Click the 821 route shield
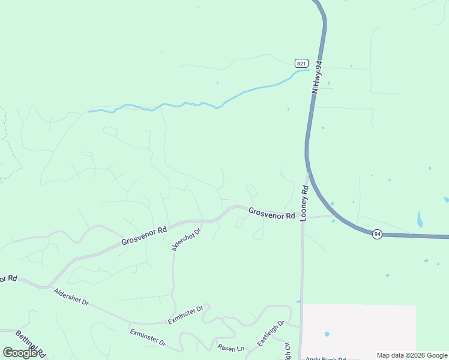point(301,63)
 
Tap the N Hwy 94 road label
point(318,76)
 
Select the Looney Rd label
point(304,203)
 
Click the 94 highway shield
point(376,234)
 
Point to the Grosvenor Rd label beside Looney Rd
point(272,213)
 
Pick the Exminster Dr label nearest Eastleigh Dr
point(185,315)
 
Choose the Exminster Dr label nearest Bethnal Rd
point(148,337)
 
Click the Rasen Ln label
point(231,348)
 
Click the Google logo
point(20,353)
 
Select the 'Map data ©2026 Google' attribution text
point(411,355)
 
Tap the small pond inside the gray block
point(327,334)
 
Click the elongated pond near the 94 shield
point(420,219)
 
